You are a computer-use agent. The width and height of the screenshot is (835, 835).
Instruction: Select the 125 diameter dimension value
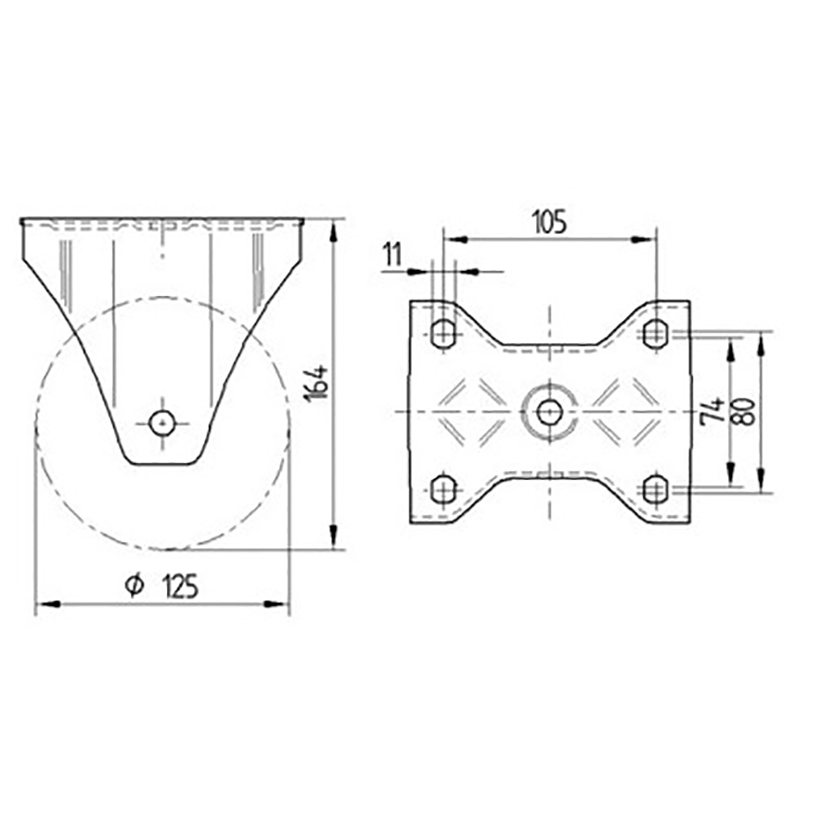tap(180, 586)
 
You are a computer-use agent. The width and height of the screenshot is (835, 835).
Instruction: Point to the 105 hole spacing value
tap(548, 222)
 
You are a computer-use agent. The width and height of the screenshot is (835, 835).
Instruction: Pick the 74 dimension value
tap(714, 409)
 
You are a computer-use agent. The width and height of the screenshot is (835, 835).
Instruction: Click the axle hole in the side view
tap(162, 423)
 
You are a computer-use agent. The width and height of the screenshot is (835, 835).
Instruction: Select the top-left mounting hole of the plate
tap(444, 331)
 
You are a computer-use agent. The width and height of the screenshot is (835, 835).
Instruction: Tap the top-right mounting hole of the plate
tap(655, 331)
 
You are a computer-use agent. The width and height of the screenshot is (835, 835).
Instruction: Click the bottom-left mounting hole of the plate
tap(444, 487)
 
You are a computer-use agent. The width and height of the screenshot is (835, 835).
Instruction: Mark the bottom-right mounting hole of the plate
tap(655, 487)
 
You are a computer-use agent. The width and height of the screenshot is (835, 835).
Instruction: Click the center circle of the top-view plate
tap(549, 409)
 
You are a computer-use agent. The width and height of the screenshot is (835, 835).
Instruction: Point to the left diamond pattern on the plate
tap(473, 409)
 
